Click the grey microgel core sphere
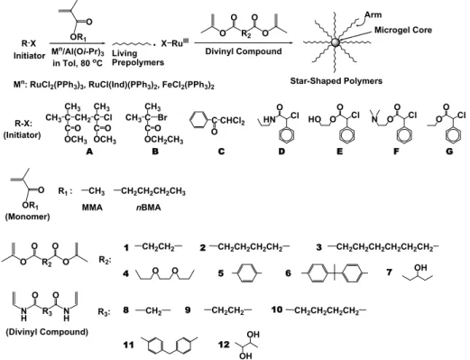[x=336, y=42]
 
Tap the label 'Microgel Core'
[x=403, y=30]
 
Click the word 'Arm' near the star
[x=373, y=14]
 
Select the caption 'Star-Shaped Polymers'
[x=336, y=81]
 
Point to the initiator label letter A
[x=89, y=152]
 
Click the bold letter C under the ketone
[x=221, y=152]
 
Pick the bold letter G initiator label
[x=449, y=152]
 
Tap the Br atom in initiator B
[x=162, y=117]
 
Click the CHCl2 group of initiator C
[x=232, y=121]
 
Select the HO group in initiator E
[x=315, y=119]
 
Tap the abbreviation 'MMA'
[x=92, y=208]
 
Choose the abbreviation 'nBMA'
[x=149, y=208]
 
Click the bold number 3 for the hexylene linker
[x=318, y=247]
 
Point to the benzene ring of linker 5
[x=246, y=273]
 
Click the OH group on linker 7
[x=420, y=267]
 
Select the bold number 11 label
[x=128, y=345]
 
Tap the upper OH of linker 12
[x=253, y=335]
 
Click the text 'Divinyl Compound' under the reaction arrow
[x=244, y=51]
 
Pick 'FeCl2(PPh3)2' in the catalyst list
[x=189, y=86]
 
